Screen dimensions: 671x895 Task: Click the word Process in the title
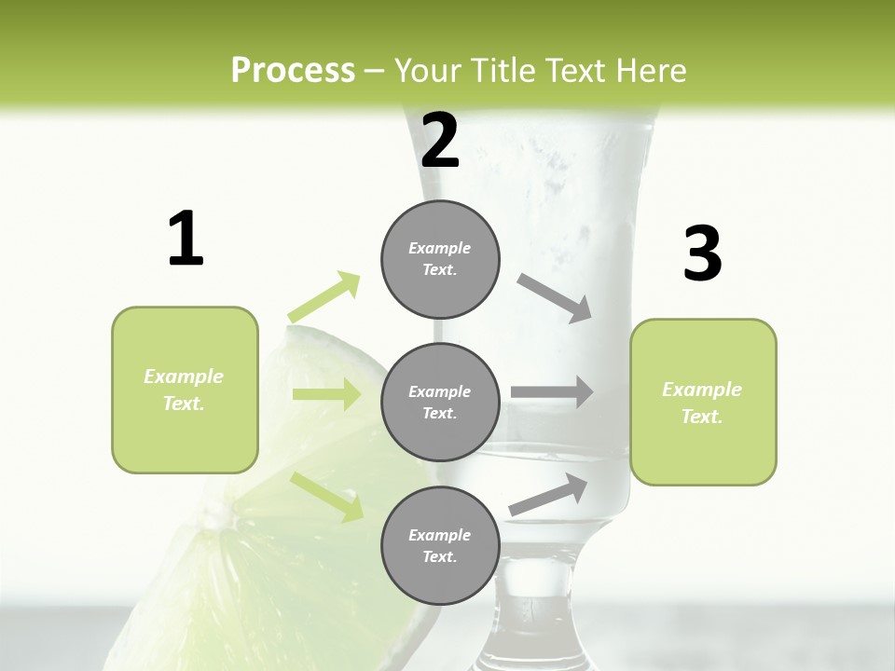(293, 71)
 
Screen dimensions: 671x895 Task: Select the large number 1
(186, 239)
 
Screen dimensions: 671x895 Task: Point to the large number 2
(440, 140)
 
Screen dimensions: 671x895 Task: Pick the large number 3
(702, 254)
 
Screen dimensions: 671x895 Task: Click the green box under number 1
(185, 390)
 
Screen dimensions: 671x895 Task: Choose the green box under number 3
(703, 402)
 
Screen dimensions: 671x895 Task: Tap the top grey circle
(440, 259)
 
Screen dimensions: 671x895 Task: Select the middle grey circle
(440, 402)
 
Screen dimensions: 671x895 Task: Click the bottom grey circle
(440, 545)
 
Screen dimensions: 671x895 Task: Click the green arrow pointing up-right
(324, 296)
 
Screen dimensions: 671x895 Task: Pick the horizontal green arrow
(326, 394)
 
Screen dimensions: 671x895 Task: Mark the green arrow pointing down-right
(326, 496)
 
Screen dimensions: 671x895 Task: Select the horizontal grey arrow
(552, 392)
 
